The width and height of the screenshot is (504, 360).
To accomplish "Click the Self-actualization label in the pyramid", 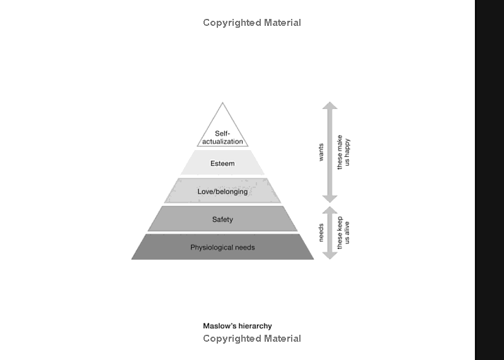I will (x=222, y=137).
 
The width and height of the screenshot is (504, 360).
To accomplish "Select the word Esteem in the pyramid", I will (x=222, y=164).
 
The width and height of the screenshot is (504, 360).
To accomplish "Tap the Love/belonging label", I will (x=222, y=192).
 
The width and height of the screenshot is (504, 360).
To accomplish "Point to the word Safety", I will (x=222, y=219).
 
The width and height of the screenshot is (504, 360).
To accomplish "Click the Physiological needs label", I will (x=222, y=247).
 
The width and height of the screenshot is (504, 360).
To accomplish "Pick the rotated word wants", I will (x=321, y=152).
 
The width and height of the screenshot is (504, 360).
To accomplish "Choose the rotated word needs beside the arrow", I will (x=321, y=232).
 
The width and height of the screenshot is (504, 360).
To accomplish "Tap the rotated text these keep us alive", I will (x=343, y=232).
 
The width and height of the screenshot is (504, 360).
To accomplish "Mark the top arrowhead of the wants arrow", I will (x=330, y=105).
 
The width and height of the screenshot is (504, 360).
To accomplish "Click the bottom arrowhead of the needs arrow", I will (x=330, y=255).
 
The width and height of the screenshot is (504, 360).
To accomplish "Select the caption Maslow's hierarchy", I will (x=238, y=326).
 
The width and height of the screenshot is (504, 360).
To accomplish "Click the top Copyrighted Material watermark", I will (x=252, y=23).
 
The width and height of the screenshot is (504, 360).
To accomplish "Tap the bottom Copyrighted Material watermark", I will (x=252, y=339).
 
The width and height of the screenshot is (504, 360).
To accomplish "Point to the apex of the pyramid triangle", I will (x=222, y=103).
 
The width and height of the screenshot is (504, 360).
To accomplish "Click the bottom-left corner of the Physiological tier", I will (x=132, y=258).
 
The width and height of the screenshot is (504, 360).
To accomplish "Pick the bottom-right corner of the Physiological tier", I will (x=312, y=258).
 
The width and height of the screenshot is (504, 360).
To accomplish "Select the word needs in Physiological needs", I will (x=244, y=247).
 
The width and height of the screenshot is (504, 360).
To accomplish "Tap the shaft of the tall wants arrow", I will (x=330, y=152).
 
